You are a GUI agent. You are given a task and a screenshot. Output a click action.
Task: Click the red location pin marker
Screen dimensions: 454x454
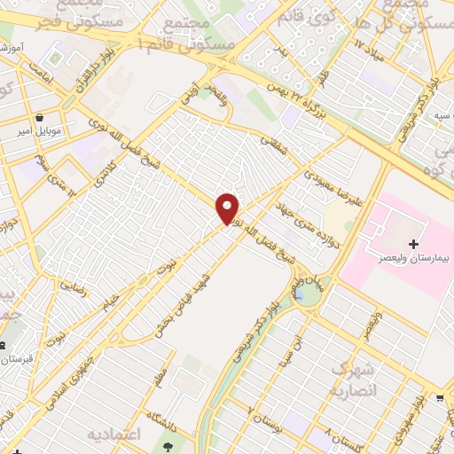pyautogui.click(x=228, y=207)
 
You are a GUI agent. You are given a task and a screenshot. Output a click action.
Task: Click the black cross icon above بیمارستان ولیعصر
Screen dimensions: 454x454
pyautogui.click(x=412, y=243)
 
